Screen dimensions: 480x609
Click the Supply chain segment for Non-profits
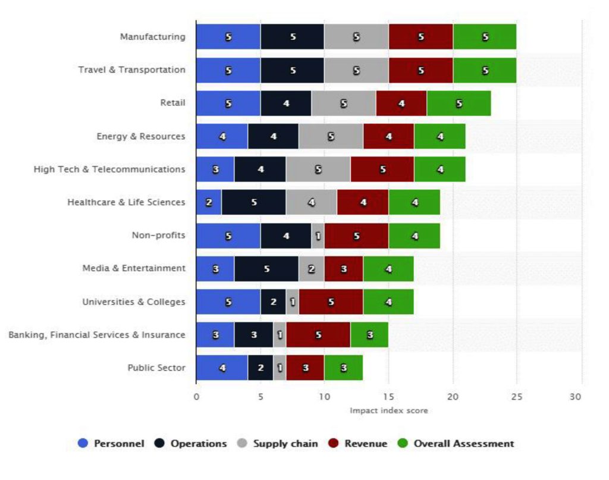(318, 236)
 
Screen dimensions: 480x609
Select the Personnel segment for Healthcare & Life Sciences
(209, 202)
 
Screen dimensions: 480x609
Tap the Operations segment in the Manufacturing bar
(293, 37)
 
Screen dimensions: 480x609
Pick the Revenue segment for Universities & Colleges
(331, 302)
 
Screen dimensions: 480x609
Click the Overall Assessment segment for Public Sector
(343, 368)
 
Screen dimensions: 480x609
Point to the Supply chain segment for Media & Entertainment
(311, 268)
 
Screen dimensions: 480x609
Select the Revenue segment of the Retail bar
(401, 103)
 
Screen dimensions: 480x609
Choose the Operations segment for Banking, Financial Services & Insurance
(253, 335)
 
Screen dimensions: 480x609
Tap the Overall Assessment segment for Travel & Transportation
(485, 70)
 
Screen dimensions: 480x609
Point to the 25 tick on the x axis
(516, 396)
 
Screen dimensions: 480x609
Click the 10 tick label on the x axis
(324, 396)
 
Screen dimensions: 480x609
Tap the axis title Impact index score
(388, 410)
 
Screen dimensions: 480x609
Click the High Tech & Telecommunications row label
(109, 170)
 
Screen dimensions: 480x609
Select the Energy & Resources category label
(141, 136)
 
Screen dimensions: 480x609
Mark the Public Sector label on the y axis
(156, 368)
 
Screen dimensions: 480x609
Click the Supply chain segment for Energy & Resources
(331, 136)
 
